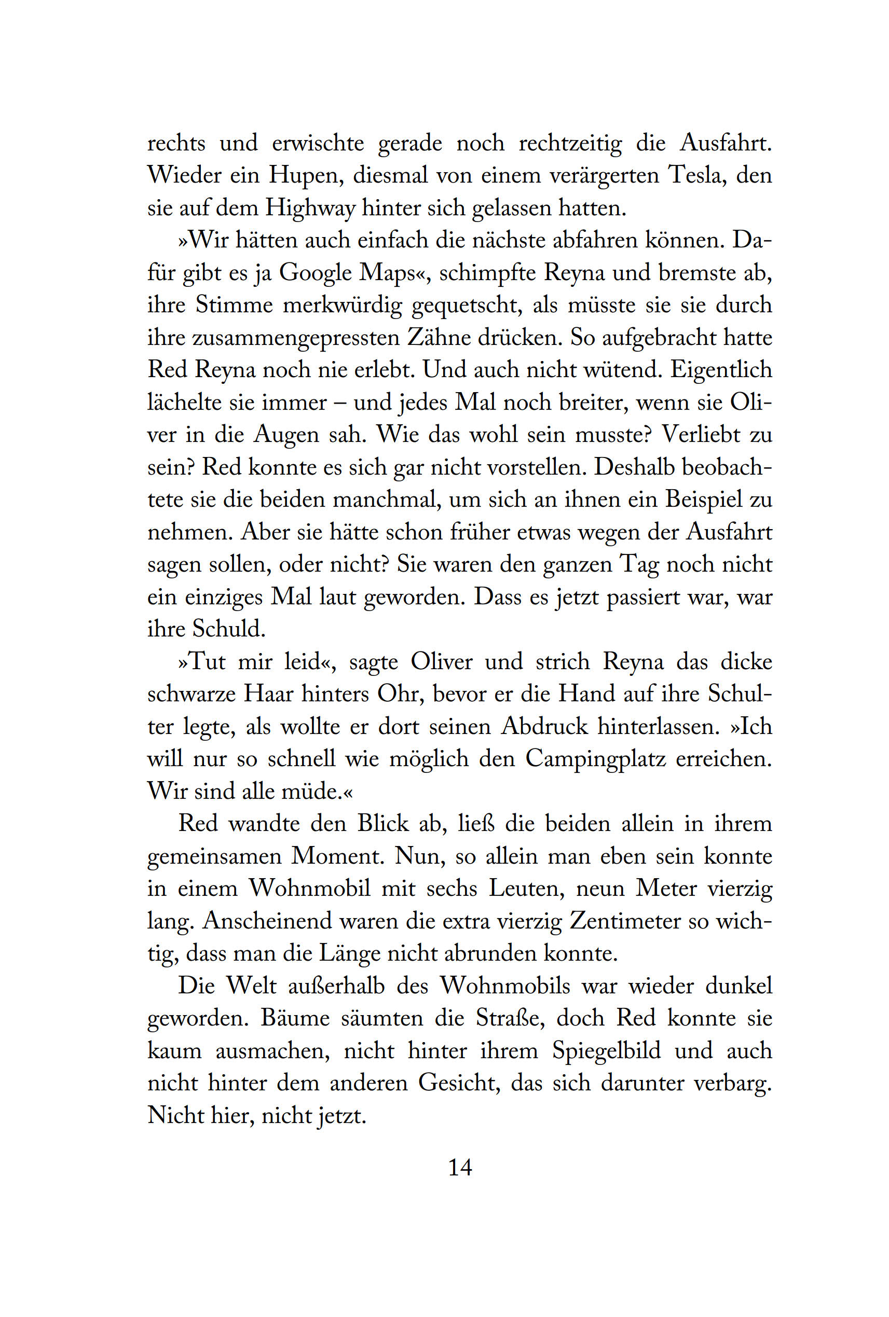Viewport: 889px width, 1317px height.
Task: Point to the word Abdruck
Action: pos(544,727)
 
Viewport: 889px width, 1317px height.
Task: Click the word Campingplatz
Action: pos(595,759)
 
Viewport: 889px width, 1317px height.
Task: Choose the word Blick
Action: pos(382,823)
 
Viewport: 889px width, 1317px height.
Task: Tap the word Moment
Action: pos(337,856)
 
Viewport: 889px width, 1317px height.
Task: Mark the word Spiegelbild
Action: pos(607,1051)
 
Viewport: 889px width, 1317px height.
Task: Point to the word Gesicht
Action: pos(459,1083)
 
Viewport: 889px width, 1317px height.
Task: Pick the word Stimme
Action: pos(234,306)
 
